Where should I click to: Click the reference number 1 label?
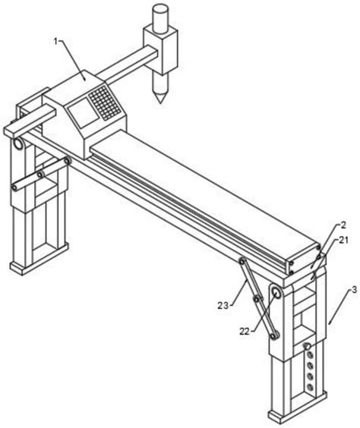(55, 42)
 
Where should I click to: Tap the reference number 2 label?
(343, 225)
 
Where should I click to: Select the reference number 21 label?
(344, 241)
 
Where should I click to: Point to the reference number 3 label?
(354, 290)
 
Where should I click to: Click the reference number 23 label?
(223, 305)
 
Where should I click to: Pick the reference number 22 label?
(245, 332)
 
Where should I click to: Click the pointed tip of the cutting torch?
(160, 102)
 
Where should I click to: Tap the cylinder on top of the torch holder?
(160, 17)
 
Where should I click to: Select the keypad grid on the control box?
(104, 102)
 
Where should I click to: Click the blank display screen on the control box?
(84, 113)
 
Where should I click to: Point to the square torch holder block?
(160, 49)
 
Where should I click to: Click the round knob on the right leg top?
(276, 294)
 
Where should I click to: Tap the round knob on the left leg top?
(18, 144)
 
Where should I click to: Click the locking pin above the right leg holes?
(307, 346)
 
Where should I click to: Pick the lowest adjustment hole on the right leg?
(310, 386)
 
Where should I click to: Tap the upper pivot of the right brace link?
(242, 261)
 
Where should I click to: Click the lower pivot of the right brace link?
(273, 335)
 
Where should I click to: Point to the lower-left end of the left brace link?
(14, 187)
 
